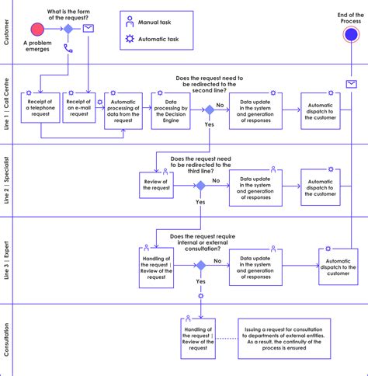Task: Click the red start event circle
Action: tap(36, 29)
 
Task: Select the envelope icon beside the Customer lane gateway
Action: tap(89, 29)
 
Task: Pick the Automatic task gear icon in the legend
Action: tap(130, 39)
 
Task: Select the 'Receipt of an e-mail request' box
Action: tap(79, 111)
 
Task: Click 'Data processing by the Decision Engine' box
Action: tap(171, 111)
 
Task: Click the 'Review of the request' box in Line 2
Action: tap(157, 186)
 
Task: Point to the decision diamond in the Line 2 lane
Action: tap(200, 186)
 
